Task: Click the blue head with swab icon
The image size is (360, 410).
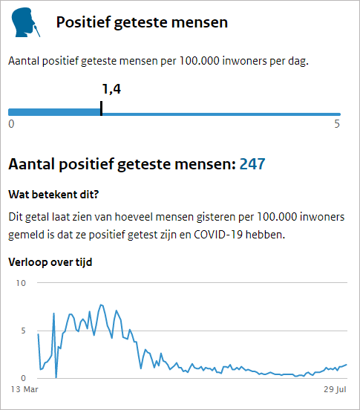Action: (25, 22)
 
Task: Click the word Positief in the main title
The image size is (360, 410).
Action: (83, 22)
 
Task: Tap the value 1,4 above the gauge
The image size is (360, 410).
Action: (111, 89)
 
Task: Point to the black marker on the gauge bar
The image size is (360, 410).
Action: (102, 108)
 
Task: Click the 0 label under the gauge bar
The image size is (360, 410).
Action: (11, 124)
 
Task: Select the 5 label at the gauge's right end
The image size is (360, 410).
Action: (337, 124)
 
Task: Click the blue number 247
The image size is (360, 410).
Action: (252, 164)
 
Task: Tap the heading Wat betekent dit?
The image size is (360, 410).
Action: (53, 195)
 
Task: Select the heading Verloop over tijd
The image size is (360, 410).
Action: (50, 262)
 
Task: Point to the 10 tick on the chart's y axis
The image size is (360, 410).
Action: (21, 283)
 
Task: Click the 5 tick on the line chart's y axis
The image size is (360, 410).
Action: (23, 331)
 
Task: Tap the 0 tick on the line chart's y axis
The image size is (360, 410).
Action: (23, 378)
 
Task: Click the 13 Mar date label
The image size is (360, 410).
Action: (24, 389)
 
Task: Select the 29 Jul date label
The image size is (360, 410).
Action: (335, 389)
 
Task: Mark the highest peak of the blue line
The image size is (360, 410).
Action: (101, 305)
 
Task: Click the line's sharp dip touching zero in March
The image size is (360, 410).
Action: (56, 377)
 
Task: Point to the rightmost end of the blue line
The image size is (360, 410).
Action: (347, 364)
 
